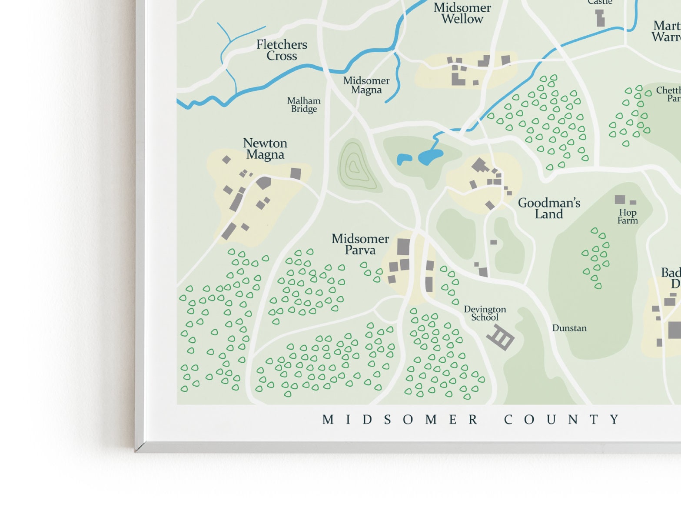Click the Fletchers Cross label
pyautogui.click(x=282, y=50)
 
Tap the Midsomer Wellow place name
pyautogui.click(x=462, y=13)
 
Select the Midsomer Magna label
pyautogui.click(x=366, y=85)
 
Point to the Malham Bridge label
pyautogui.click(x=304, y=105)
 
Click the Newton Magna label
pyautogui.click(x=265, y=149)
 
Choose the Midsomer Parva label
pyautogui.click(x=360, y=244)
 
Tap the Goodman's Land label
pyautogui.click(x=549, y=208)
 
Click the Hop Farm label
pyautogui.click(x=628, y=216)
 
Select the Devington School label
pyautogui.click(x=485, y=313)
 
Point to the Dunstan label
pyautogui.click(x=569, y=328)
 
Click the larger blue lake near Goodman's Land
pyautogui.click(x=430, y=157)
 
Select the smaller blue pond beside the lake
pyautogui.click(x=404, y=159)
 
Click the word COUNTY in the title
pyautogui.click(x=561, y=420)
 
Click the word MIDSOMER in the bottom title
pyautogui.click(x=400, y=420)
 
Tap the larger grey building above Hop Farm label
pyautogui.click(x=620, y=200)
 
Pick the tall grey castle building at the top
pyautogui.click(x=600, y=18)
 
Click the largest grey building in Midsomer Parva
pyautogui.click(x=403, y=247)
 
